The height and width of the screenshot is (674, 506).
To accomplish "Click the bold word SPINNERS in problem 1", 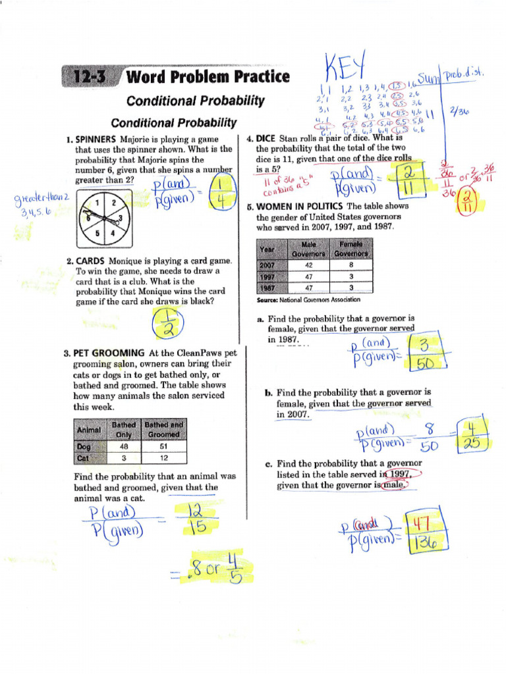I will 96,140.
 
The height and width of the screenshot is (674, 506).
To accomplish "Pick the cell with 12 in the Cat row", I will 163,457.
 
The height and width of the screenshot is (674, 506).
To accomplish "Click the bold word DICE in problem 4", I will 266,139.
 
